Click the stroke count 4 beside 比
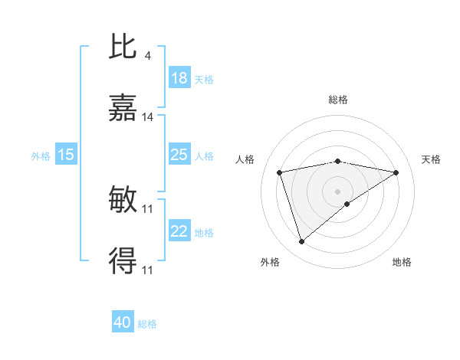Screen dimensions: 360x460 point(147,55)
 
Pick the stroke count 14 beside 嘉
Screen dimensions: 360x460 point(148,117)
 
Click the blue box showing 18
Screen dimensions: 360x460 point(179,78)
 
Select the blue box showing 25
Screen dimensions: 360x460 point(179,155)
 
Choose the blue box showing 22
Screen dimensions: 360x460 point(179,231)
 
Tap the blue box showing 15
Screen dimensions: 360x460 point(66,155)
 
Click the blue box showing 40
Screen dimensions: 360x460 point(123,322)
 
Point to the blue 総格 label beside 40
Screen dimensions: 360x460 point(147,324)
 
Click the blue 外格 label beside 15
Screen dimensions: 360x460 point(41,155)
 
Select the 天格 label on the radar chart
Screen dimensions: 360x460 point(431,159)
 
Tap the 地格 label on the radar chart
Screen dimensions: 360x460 point(402,262)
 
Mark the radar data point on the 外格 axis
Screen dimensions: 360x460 point(301,242)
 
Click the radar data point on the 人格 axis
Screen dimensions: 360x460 point(280,172)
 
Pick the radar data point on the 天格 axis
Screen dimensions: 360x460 point(396,172)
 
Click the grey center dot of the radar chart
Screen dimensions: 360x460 point(338,191)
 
